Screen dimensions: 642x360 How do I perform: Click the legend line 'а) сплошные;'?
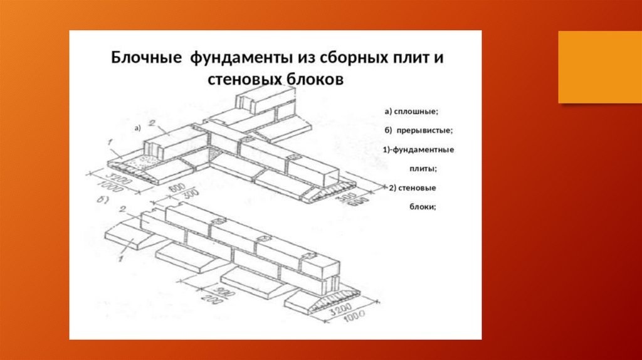412,112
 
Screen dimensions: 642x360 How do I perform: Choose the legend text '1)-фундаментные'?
418,150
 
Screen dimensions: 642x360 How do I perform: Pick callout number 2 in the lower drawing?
124,209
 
